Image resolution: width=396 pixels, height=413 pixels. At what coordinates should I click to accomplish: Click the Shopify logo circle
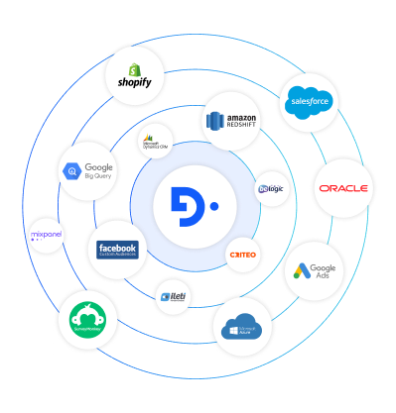(x=135, y=75)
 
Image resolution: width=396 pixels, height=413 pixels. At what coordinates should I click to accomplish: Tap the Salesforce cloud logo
(x=308, y=102)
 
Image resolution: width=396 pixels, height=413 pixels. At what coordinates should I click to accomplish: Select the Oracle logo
(x=343, y=188)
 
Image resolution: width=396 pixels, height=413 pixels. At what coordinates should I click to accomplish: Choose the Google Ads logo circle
(x=315, y=270)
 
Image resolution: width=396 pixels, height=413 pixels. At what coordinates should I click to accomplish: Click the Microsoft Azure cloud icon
(x=242, y=326)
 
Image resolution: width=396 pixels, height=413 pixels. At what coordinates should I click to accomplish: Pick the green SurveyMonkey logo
(x=87, y=319)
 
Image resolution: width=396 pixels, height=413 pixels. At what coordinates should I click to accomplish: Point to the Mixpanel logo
(x=48, y=236)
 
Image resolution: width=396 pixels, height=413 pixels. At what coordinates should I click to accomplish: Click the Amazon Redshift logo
(x=231, y=121)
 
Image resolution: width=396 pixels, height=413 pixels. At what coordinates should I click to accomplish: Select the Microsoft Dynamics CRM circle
(x=155, y=141)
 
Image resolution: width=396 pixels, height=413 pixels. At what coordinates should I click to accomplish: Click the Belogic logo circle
(x=272, y=188)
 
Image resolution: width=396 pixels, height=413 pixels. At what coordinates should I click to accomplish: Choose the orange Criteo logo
(x=243, y=255)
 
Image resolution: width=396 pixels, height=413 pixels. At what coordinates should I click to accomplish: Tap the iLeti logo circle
(x=173, y=296)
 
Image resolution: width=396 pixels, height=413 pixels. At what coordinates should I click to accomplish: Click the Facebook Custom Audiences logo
(x=117, y=250)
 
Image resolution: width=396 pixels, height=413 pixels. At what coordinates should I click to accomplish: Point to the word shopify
(x=135, y=83)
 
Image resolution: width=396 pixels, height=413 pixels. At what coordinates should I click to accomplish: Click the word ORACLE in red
(x=343, y=188)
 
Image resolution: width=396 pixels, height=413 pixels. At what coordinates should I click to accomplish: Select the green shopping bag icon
(x=136, y=68)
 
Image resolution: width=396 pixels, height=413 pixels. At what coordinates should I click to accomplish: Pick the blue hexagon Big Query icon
(x=72, y=171)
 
